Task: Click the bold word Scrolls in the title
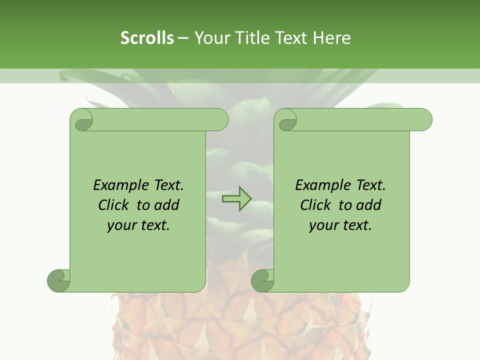[147, 38]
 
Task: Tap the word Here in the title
[332, 38]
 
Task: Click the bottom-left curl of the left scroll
[59, 280]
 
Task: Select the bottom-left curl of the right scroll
[263, 280]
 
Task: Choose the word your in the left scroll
[120, 225]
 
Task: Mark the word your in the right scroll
[322, 225]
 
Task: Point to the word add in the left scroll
[166, 205]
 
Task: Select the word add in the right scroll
[368, 205]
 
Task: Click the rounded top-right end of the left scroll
[220, 120]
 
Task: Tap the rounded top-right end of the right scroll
[424, 120]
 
